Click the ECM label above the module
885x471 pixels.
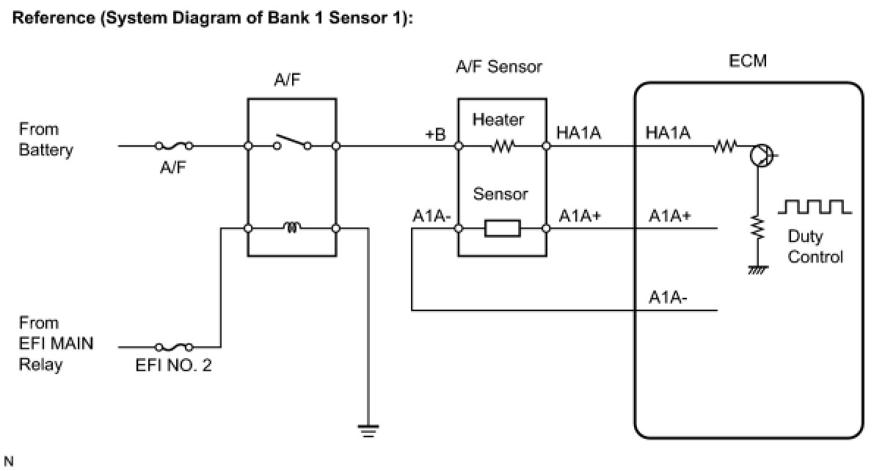(x=748, y=61)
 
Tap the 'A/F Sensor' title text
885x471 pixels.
(x=498, y=67)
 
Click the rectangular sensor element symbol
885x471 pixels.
(x=502, y=229)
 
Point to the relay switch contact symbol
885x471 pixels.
(x=291, y=142)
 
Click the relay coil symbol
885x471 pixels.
(x=292, y=229)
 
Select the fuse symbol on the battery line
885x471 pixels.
(x=173, y=146)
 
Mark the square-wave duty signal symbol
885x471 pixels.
(x=815, y=208)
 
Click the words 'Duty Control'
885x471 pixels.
(x=815, y=247)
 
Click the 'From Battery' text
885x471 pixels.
(x=46, y=139)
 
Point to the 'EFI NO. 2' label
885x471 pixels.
(x=173, y=365)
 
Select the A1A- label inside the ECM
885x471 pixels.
(x=668, y=298)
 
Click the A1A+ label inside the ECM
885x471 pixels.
(x=669, y=216)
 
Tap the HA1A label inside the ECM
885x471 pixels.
(x=668, y=133)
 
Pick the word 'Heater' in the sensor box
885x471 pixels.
(x=498, y=119)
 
